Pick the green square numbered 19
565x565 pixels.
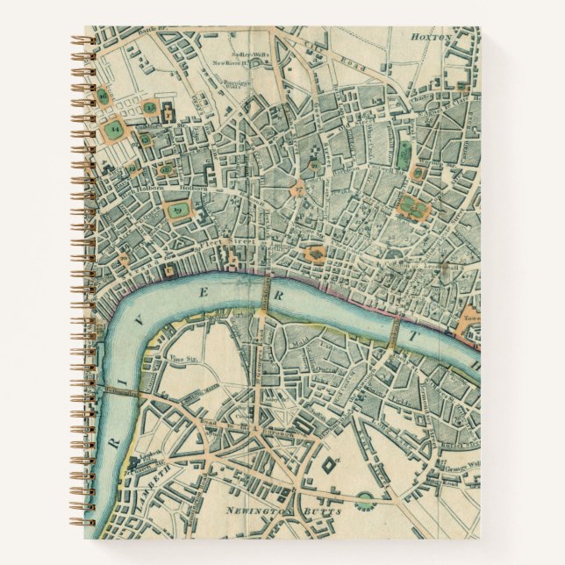point(178,210)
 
